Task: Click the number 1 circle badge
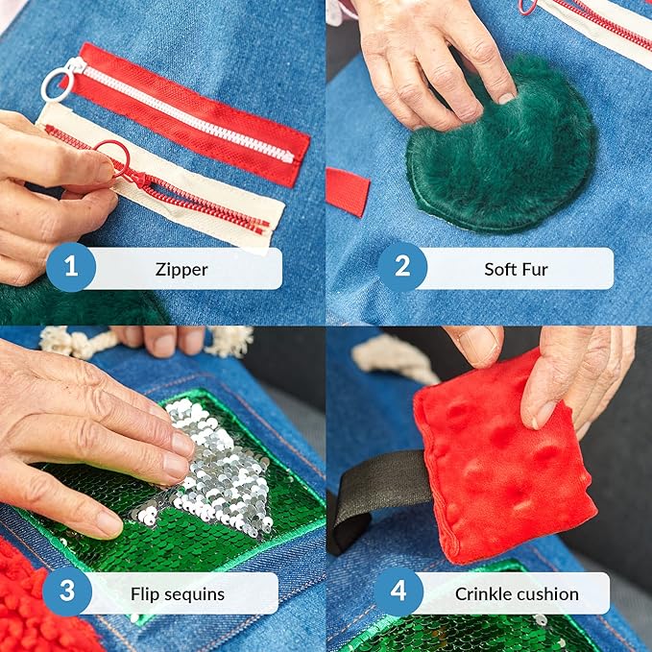(71, 267)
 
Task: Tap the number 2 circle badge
(402, 267)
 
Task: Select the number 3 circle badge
(67, 592)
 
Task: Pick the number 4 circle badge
(398, 592)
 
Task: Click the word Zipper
(181, 270)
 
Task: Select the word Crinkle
(481, 593)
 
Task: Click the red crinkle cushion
(503, 457)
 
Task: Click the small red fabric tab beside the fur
(348, 192)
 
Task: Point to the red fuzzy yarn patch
(34, 603)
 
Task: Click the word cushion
(545, 593)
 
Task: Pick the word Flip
(146, 595)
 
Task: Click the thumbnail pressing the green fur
(506, 98)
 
